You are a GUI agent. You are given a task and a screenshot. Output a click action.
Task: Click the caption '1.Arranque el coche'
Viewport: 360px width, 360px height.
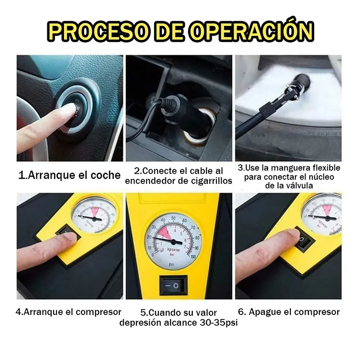(70, 175)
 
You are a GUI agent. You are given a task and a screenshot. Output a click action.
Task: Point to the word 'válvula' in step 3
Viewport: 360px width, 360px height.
(310, 185)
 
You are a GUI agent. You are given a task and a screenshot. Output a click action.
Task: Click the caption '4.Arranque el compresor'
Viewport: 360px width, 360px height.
(69, 312)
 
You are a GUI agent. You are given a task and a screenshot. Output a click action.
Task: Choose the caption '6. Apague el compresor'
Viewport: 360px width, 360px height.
(288, 312)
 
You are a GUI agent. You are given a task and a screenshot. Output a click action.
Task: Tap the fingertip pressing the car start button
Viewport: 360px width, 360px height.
(68, 110)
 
